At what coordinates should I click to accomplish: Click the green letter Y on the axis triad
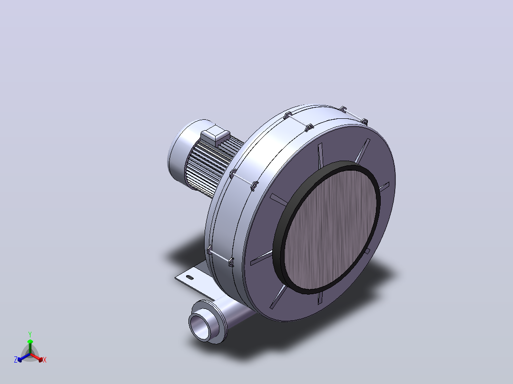[x=30, y=334]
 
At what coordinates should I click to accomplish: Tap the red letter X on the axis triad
[x=45, y=360]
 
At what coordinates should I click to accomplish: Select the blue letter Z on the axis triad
[x=16, y=360]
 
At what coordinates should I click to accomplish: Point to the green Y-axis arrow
[x=30, y=347]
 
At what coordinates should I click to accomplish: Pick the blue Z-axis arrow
[x=24, y=357]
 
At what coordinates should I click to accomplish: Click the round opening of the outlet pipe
[x=200, y=327]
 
